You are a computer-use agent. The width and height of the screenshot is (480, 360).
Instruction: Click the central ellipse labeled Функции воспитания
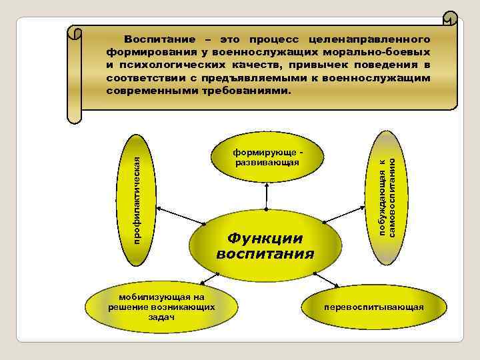[x=265, y=245]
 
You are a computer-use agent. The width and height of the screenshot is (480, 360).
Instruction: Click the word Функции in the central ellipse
[x=265, y=237]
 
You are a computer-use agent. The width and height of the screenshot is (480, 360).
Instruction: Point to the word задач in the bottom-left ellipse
[x=161, y=318]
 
